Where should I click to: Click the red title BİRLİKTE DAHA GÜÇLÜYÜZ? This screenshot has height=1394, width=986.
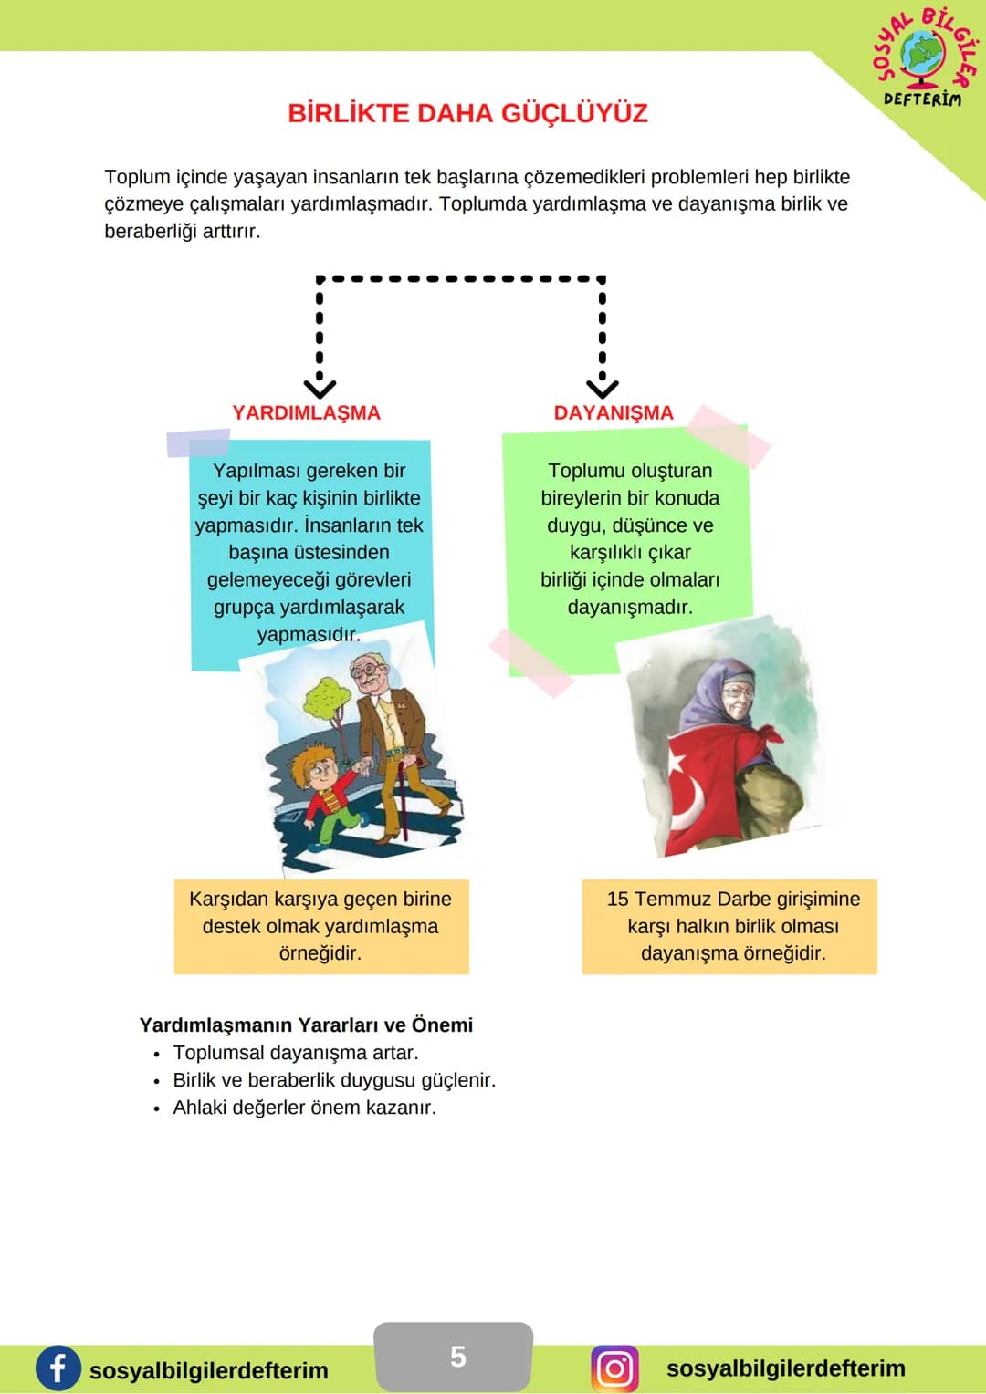[x=467, y=114]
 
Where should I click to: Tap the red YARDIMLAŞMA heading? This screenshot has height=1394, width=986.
[x=306, y=413]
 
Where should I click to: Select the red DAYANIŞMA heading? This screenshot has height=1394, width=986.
[x=614, y=412]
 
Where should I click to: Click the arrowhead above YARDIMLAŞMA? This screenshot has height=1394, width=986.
[x=320, y=389]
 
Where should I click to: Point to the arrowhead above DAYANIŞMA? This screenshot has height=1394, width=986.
[x=603, y=389]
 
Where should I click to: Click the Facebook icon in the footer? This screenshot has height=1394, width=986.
[x=58, y=1368]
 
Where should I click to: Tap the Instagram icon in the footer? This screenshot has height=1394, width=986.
[x=614, y=1368]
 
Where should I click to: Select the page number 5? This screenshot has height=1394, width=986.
[x=457, y=1357]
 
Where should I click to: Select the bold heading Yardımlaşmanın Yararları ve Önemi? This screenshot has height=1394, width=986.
[x=306, y=1025]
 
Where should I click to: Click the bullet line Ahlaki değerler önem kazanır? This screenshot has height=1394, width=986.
[x=304, y=1108]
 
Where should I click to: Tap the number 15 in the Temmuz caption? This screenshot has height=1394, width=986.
[x=617, y=899]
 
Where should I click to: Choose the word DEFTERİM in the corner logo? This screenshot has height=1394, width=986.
[x=922, y=99]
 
